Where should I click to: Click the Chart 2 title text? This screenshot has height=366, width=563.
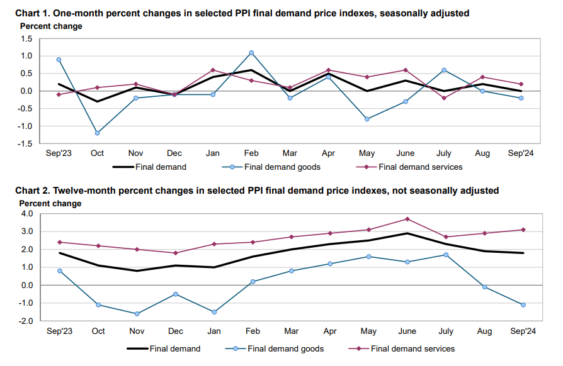[257, 190]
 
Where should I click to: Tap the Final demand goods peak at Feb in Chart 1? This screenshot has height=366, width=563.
[251, 53]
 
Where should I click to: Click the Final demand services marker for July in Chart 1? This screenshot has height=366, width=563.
[444, 98]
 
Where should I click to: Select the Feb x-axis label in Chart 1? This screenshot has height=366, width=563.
[251, 153]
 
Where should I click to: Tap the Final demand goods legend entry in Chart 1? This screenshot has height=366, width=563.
[277, 167]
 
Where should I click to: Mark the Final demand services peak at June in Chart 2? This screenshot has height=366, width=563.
[408, 219]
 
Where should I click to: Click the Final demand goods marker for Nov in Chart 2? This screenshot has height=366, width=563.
[137, 314]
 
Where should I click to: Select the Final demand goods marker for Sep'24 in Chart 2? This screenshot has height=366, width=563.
[523, 305]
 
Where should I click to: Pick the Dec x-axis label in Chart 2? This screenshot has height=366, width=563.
[175, 331]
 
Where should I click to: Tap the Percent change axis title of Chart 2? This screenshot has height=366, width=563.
[50, 204]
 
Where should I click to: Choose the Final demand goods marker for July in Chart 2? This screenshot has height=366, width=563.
[446, 255]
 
